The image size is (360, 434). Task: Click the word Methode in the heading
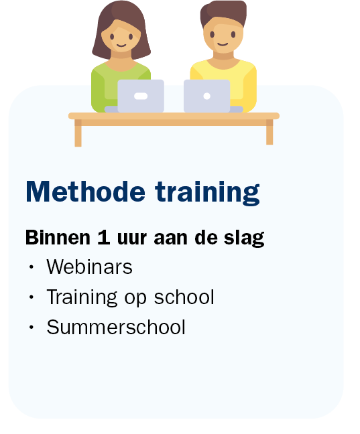[85, 192]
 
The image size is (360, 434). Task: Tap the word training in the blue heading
[207, 193]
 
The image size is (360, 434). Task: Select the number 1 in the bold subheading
[104, 237]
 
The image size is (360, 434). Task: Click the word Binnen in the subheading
[58, 237]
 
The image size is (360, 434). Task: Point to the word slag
[244, 238]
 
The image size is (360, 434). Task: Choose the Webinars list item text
[89, 267]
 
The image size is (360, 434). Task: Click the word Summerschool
[116, 327]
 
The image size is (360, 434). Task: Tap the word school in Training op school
[184, 297]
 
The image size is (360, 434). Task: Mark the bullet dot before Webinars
[32, 267]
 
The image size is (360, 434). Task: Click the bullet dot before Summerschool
[32, 327]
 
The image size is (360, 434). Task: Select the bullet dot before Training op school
[32, 297]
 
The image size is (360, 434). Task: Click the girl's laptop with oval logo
[141, 96]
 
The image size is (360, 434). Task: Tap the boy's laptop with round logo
[206, 96]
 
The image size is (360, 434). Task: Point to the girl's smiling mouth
[121, 46]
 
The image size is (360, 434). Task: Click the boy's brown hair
[223, 13]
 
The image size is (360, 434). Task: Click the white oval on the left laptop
[141, 96]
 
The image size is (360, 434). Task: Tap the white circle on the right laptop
[206, 96]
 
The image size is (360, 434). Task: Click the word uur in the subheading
[131, 239]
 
